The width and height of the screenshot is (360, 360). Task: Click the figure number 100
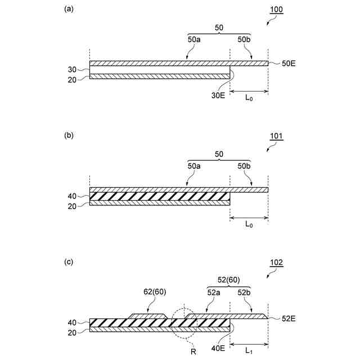[276, 11]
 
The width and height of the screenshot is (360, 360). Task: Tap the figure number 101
[276, 136]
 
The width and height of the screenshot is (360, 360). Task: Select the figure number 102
[276, 262]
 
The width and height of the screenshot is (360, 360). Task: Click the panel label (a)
[69, 9]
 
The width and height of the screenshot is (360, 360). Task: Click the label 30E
[218, 96]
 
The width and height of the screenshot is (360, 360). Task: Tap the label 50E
[289, 64]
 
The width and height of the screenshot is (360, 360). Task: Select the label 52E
[289, 318]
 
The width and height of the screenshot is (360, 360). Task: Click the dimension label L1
[248, 350]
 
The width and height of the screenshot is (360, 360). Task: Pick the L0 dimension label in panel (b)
[249, 224]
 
